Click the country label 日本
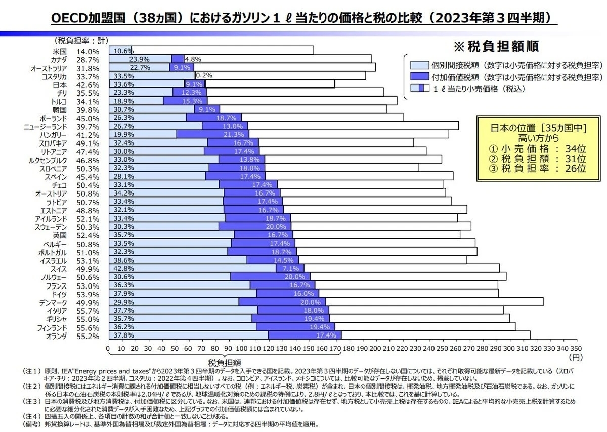click(59, 85)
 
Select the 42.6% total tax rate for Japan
click(88, 85)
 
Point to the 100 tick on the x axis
click(242, 349)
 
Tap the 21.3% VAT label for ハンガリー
click(234, 134)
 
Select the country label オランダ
click(54, 335)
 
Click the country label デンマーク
click(51, 302)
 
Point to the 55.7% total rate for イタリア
click(88, 310)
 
